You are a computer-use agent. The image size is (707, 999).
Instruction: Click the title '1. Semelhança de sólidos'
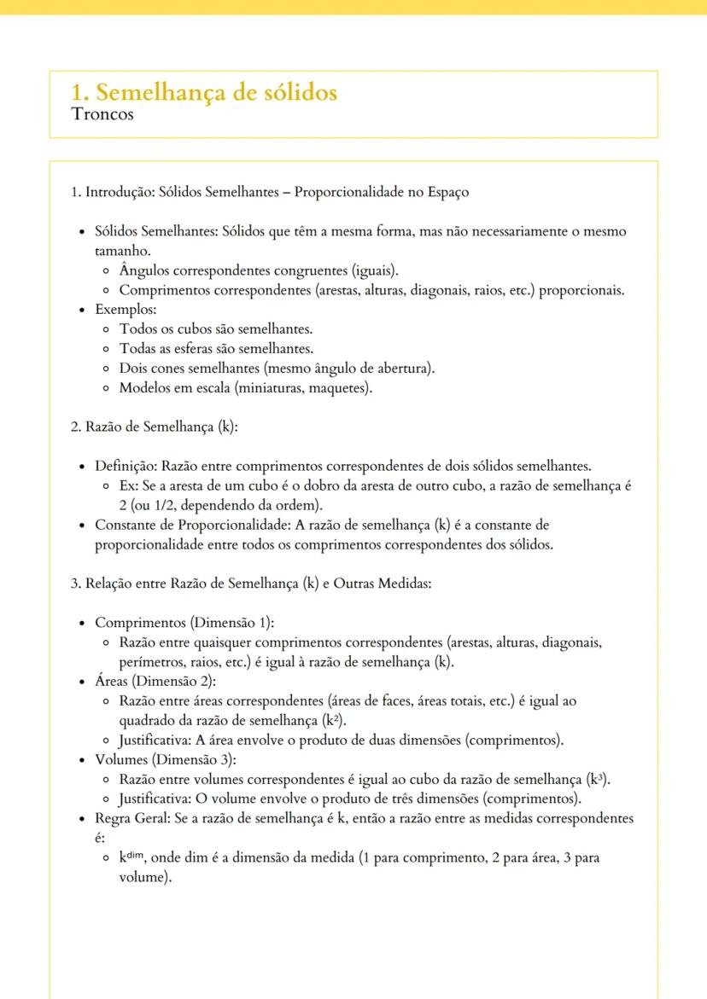coord(204,92)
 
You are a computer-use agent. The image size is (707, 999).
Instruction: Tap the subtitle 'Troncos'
coord(103,114)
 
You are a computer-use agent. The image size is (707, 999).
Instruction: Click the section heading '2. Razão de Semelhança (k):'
coord(154,427)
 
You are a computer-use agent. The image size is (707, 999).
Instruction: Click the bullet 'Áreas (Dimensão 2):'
coord(155,681)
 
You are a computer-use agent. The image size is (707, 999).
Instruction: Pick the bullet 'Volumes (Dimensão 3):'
coord(165,759)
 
